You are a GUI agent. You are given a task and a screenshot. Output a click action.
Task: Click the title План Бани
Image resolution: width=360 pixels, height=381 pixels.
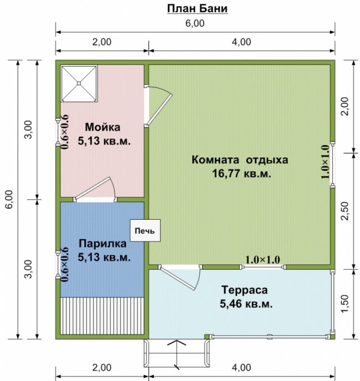pos(197,8)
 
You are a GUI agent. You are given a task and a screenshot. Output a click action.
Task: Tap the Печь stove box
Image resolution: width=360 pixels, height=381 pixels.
pos(145,230)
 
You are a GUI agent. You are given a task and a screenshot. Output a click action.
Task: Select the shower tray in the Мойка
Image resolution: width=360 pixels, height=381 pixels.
pos(79,83)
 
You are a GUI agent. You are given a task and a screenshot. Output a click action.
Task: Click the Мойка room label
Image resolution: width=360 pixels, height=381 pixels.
pos(102,127)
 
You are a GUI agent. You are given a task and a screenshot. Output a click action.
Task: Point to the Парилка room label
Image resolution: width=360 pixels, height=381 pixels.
pos(102,243)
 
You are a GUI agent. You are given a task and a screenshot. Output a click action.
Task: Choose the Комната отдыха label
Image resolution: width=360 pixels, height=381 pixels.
pos(240,160)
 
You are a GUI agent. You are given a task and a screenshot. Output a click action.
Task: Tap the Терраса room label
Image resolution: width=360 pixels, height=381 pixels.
pos(245,290)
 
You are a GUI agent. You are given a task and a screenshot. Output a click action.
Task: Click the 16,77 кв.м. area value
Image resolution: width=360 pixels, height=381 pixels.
pos(241,173)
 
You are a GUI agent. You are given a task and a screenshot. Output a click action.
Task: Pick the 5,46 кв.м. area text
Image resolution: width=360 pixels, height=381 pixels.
pos(246,303)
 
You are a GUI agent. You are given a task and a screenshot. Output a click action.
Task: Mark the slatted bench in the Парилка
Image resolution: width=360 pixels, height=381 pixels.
pos(102,316)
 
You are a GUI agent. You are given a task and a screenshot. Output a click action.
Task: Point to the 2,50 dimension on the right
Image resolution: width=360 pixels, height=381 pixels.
pos(345,211)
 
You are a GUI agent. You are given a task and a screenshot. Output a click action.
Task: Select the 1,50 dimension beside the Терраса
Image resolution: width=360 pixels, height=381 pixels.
pos(345,304)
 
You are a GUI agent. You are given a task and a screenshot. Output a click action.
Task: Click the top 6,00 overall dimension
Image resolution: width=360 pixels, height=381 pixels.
pos(195,23)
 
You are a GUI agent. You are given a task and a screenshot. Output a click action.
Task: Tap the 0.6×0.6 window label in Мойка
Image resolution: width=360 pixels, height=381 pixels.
pos(65,132)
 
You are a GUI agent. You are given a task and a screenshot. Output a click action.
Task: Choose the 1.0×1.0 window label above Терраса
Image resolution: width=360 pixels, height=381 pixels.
pos(263,260)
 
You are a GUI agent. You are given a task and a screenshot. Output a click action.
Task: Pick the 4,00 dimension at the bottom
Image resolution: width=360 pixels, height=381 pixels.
pos(241,367)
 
